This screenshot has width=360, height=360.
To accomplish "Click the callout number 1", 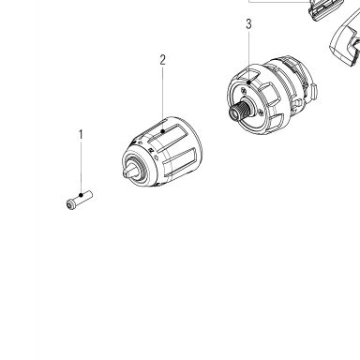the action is click(81, 135).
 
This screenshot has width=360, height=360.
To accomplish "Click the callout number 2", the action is click(162, 60).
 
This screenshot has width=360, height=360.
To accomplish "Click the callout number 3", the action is click(248, 24).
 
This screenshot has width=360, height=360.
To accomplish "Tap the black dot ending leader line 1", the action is click(82, 195).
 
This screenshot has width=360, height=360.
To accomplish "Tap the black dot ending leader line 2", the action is click(162, 131).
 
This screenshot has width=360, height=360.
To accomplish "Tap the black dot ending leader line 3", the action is click(248, 82).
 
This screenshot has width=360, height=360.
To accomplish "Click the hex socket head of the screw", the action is click(71, 204).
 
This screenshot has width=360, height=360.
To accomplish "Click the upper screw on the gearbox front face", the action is click(244, 91).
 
